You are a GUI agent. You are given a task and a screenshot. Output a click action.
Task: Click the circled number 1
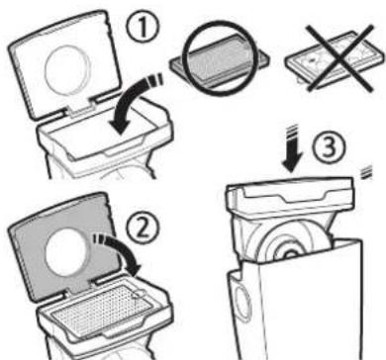coord(143,29)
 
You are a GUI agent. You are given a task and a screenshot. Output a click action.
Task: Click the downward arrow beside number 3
coord(291,148)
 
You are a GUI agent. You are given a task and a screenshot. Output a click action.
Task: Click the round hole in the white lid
coord(67,70)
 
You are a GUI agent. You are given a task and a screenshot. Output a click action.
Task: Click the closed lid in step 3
coord(290,196)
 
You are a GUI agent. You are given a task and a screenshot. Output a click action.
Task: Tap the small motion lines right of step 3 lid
coord(365,172)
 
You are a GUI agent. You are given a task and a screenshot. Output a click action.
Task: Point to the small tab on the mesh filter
coord(140,294)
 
